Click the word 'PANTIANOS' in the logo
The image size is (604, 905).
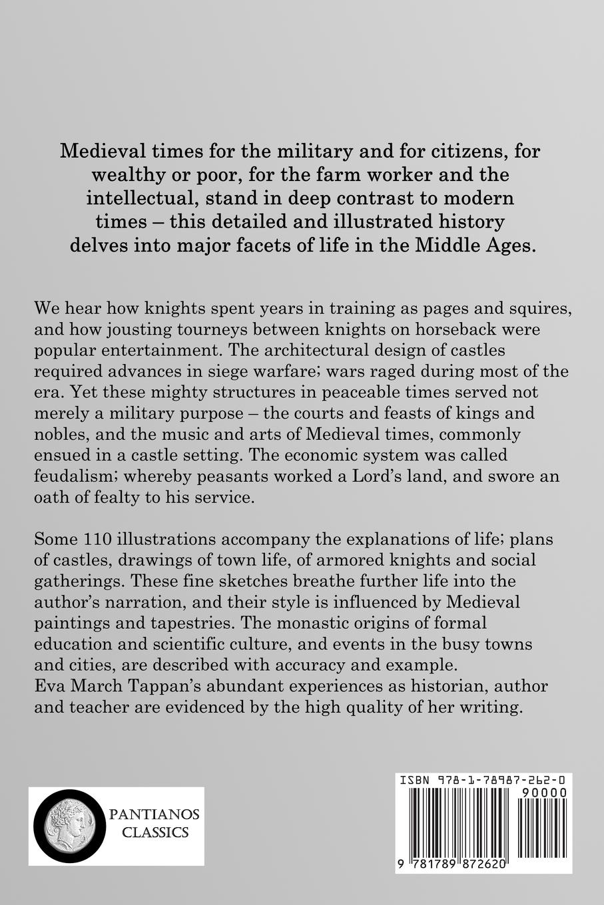coord(150,814)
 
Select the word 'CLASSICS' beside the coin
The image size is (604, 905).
coord(150,832)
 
